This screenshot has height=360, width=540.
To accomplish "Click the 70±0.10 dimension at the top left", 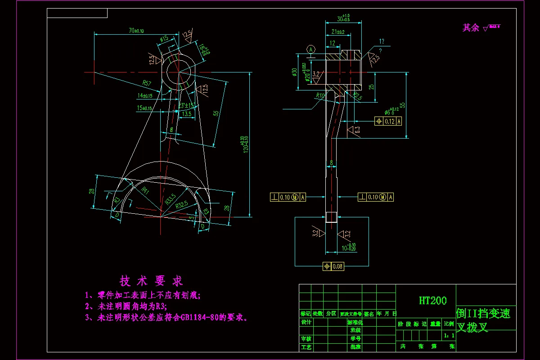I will (x=136, y=31).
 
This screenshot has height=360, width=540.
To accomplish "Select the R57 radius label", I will (x=147, y=83).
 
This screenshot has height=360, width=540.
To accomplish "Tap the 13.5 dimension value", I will (x=186, y=114).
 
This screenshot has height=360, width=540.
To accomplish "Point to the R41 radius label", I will (x=145, y=191).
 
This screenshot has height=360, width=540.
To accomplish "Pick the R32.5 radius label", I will (x=182, y=205).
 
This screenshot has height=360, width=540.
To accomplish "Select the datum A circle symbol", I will (x=310, y=49).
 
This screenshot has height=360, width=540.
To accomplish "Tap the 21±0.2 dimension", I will (x=337, y=32).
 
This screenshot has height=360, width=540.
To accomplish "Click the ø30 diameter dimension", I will (x=295, y=72).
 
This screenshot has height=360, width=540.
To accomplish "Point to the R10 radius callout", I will (x=320, y=95).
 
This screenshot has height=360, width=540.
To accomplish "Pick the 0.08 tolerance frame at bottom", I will (x=333, y=266).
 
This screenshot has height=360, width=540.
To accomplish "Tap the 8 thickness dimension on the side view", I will (x=332, y=162).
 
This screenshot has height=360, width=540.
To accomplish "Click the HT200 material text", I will (x=432, y=301).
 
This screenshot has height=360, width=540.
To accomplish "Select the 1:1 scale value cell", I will (x=449, y=335).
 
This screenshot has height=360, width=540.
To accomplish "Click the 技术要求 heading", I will (x=151, y=281).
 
